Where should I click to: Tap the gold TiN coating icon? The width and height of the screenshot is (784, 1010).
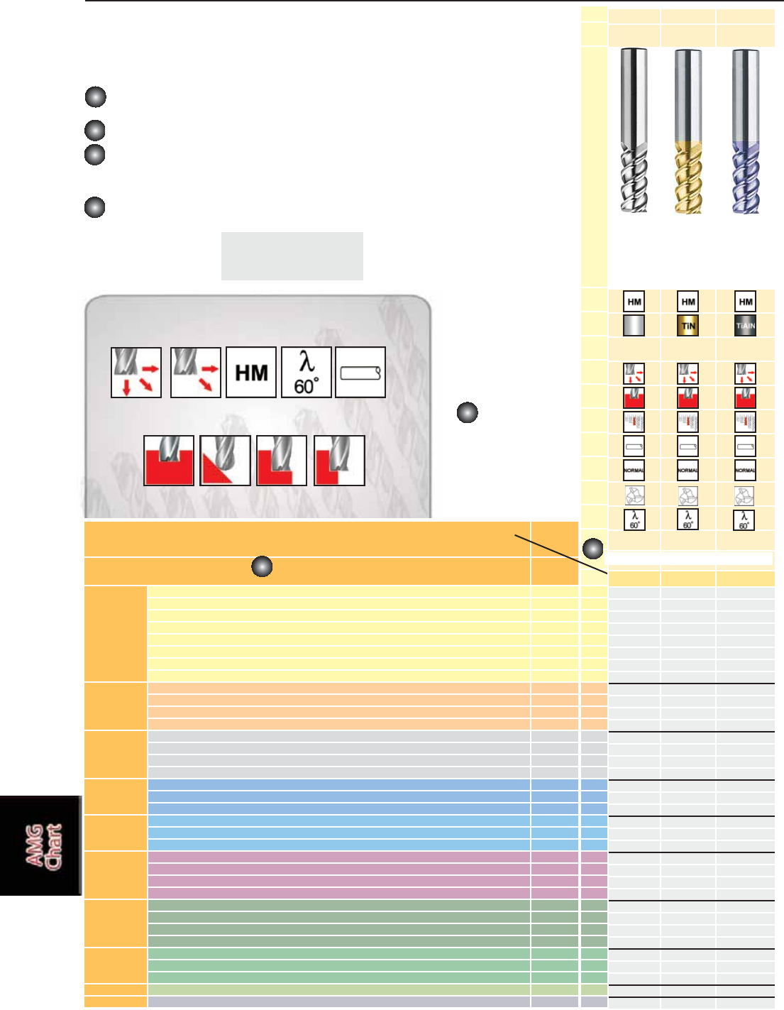click(688, 326)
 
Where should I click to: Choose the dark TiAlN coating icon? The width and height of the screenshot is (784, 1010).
click(745, 326)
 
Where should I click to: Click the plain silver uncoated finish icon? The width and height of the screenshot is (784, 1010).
click(634, 326)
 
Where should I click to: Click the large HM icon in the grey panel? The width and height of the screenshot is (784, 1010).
click(251, 372)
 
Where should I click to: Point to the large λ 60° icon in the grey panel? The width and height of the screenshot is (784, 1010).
click(307, 372)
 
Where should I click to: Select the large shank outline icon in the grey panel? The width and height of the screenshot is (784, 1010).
click(360, 372)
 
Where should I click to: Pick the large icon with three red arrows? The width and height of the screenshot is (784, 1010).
click(136, 372)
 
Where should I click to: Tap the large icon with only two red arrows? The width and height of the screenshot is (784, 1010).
click(196, 372)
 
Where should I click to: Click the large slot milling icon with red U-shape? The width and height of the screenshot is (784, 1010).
click(169, 461)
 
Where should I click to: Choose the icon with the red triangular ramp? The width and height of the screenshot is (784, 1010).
click(225, 461)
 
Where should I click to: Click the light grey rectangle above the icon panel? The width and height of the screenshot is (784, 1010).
click(292, 256)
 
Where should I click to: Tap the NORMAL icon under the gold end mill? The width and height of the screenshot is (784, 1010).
click(688, 470)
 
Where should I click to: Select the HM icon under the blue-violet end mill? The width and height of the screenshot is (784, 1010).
click(745, 302)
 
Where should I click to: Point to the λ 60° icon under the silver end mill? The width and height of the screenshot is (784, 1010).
click(634, 520)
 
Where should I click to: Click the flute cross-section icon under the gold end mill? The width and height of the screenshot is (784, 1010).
click(688, 495)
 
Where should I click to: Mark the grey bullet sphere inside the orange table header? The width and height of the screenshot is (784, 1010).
click(263, 566)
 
